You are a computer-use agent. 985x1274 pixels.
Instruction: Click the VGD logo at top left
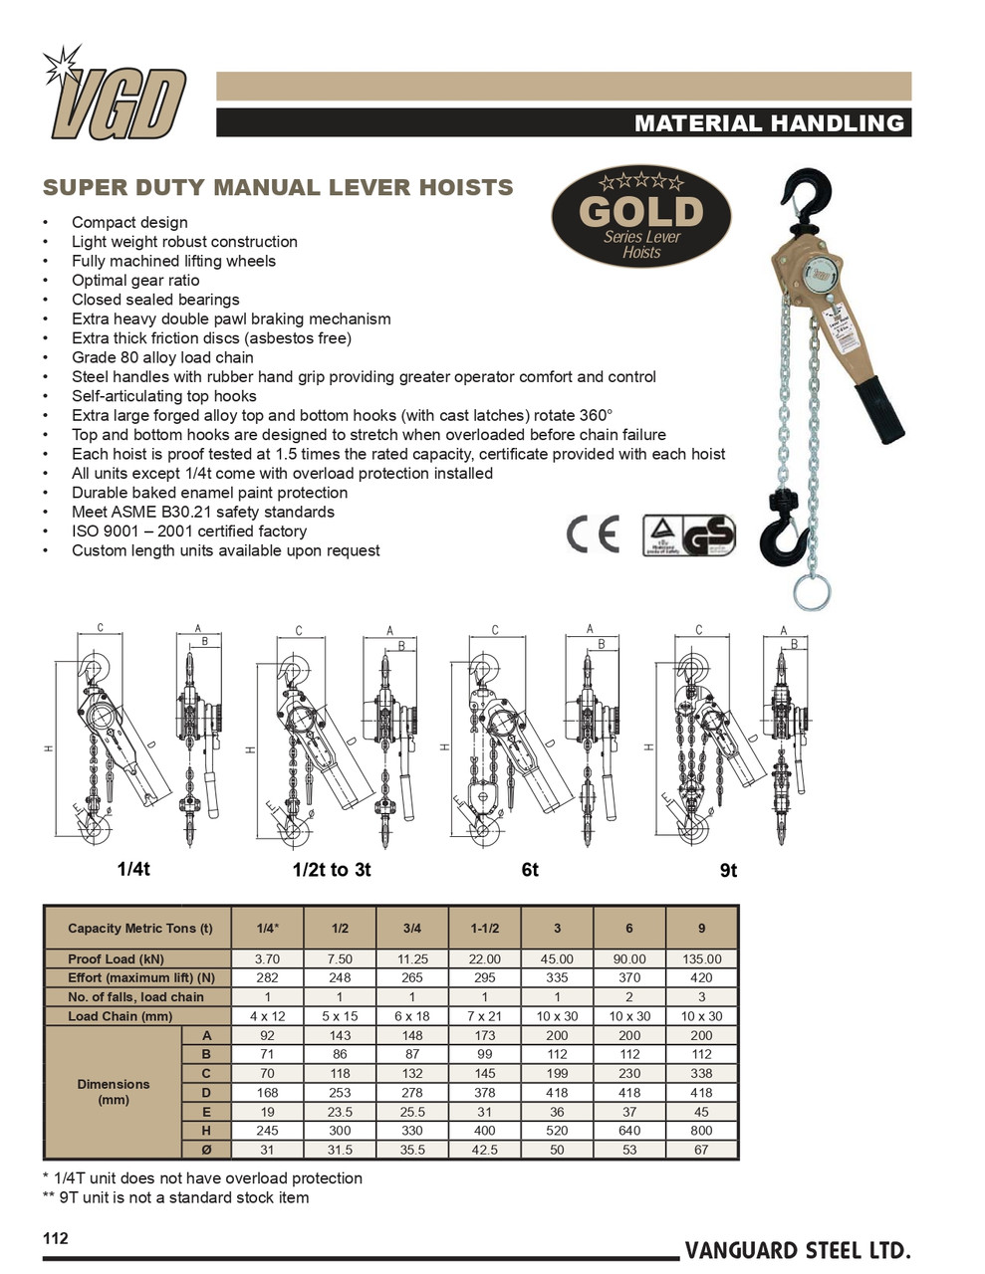tap(117, 97)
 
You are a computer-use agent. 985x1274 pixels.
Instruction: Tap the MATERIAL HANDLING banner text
tap(769, 123)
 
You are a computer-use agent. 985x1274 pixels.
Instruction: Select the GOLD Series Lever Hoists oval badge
tap(641, 217)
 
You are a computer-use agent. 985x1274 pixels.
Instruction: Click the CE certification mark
tap(593, 534)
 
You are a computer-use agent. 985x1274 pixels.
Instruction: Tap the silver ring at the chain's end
tap(812, 592)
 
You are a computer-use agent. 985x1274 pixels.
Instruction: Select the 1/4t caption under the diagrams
tap(133, 869)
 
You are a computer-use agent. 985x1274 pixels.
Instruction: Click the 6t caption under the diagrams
tap(530, 870)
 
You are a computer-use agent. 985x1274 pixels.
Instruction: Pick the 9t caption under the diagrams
tap(728, 871)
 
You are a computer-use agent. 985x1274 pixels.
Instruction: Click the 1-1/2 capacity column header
tap(484, 929)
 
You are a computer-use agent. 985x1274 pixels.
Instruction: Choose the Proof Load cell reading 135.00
tap(701, 959)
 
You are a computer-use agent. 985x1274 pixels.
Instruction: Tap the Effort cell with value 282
tap(267, 978)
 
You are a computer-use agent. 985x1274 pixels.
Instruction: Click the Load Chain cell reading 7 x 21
tap(484, 1016)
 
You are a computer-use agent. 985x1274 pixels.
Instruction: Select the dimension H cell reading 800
tap(701, 1131)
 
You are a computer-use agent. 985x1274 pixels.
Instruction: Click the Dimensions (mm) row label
tap(114, 1092)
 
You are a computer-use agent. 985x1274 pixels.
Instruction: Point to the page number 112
tap(56, 1238)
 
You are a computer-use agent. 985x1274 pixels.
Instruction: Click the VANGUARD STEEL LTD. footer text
tap(797, 1251)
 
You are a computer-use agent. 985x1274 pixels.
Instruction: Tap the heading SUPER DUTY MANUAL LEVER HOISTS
tap(278, 187)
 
